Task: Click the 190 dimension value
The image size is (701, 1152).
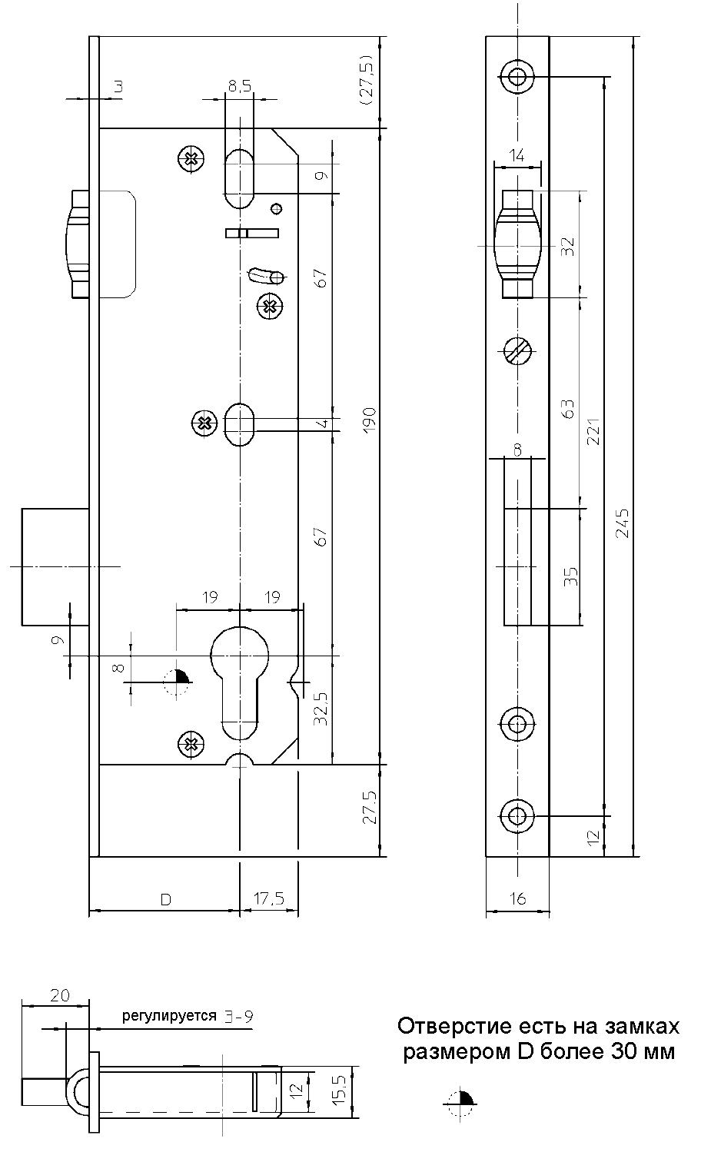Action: [369, 420]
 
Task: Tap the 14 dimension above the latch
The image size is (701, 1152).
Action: [517, 154]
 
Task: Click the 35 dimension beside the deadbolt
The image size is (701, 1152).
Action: [570, 576]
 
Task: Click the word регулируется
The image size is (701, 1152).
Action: [169, 1016]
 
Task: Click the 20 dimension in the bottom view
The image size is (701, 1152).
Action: [59, 995]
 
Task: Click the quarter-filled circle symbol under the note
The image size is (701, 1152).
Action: [461, 1103]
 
